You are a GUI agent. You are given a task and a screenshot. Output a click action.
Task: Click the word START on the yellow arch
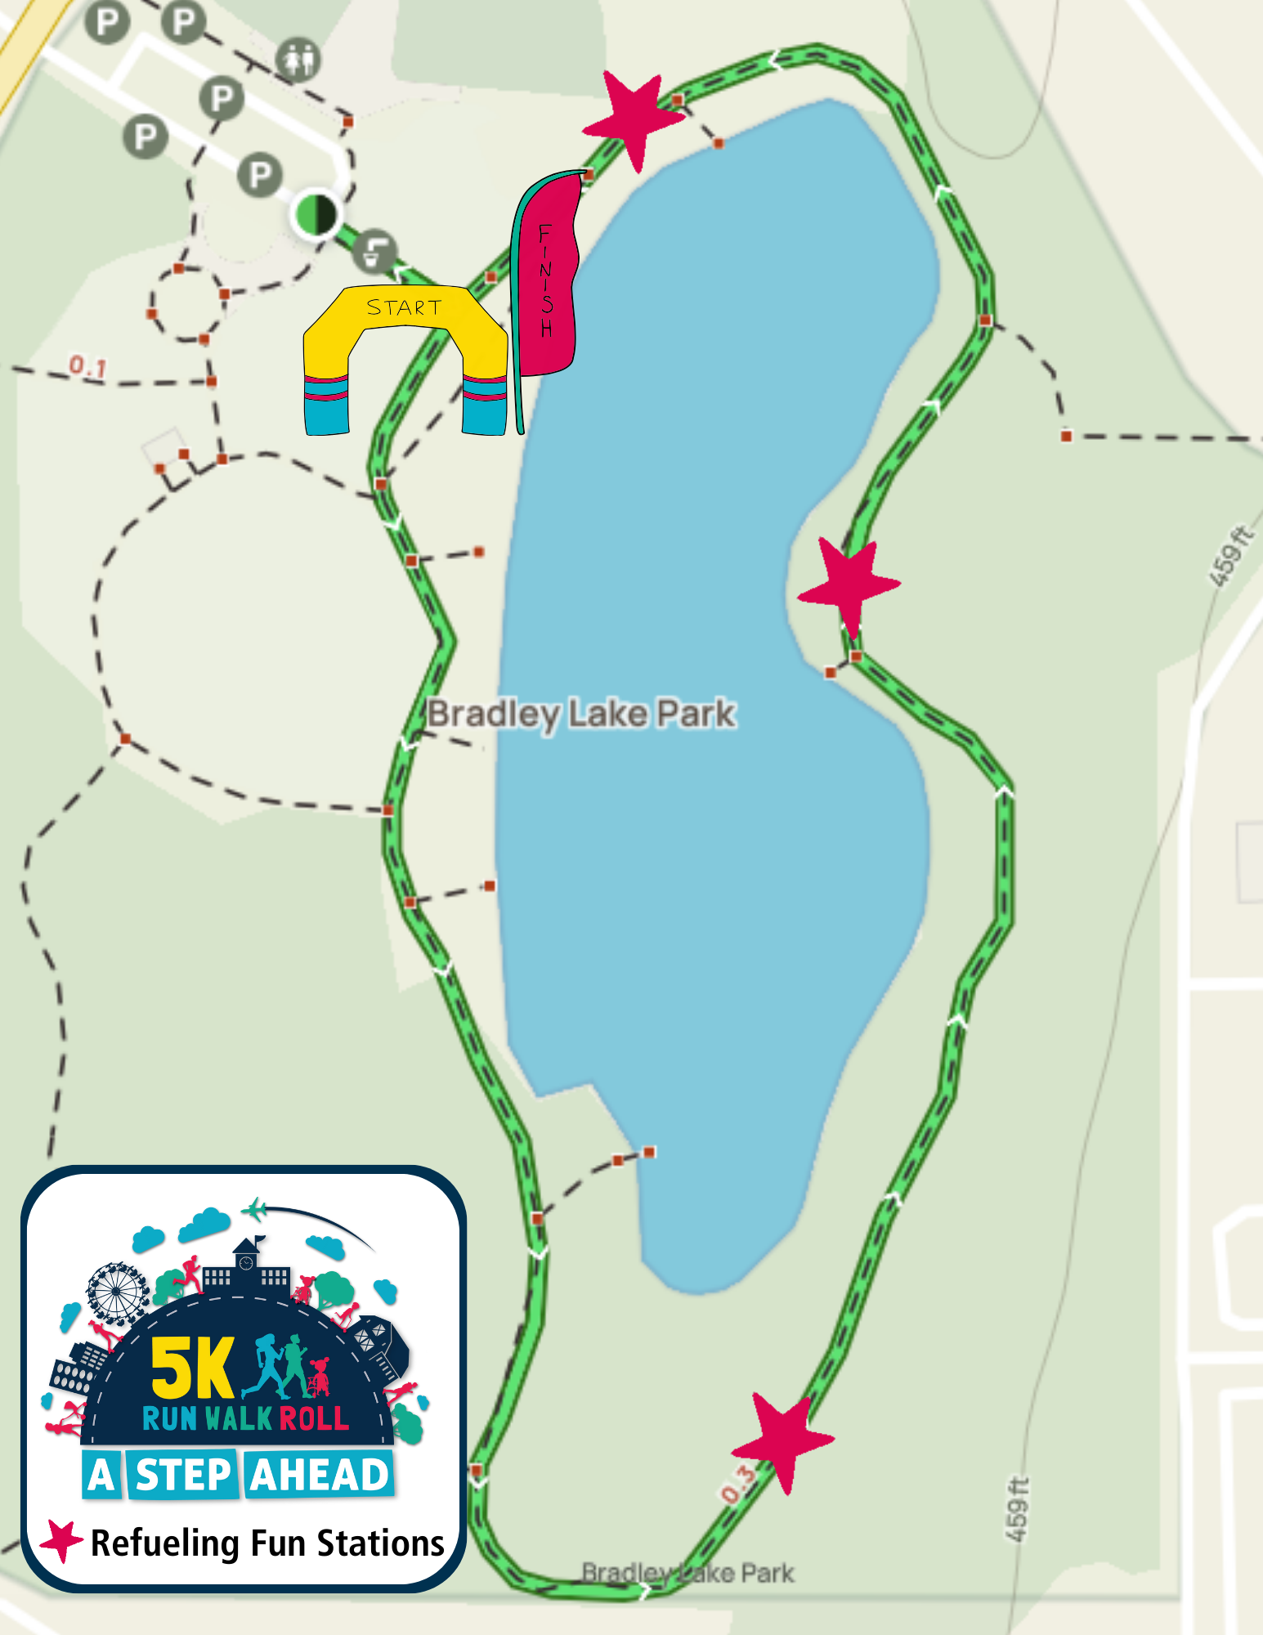pos(404,307)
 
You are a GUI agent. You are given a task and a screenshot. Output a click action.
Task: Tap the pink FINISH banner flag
pos(546,278)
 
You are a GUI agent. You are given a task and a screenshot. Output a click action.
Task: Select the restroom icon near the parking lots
pos(298,60)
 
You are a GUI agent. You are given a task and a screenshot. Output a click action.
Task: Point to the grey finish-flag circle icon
pos(375,249)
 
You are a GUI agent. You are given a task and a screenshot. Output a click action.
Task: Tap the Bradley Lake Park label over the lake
pos(581,714)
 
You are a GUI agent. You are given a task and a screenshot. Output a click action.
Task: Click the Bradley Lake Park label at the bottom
pos(687,1572)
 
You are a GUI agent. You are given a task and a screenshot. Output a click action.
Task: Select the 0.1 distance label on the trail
pos(87,366)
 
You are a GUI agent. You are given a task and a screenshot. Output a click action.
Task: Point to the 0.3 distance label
pos(738,1484)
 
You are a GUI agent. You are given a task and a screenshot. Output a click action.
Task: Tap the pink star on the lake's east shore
pos(849,584)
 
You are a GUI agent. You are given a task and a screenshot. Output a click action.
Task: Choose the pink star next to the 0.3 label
pos(783,1440)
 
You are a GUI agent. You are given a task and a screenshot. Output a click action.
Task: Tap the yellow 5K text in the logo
pos(193,1368)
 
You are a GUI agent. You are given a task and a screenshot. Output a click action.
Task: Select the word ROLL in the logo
pos(314,1418)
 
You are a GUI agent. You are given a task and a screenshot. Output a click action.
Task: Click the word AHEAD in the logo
pos(320,1475)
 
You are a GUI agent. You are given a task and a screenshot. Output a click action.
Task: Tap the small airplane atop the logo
pos(255,1208)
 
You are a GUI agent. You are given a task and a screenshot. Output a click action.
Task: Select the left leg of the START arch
pos(326,392)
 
